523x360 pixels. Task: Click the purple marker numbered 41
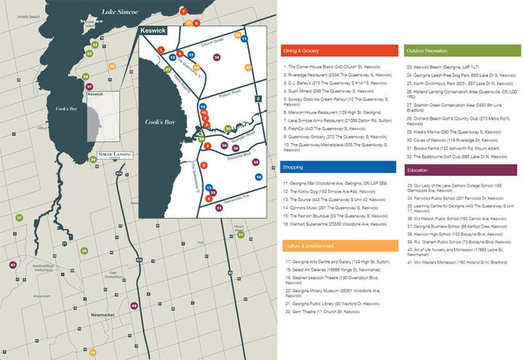[12, 265]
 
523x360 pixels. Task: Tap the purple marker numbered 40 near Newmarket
[133, 306]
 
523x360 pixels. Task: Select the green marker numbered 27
[20, 217]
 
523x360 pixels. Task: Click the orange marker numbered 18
[92, 352]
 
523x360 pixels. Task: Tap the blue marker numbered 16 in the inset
[258, 176]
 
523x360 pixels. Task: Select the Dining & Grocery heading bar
[339, 51]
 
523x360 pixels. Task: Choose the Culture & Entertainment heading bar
[339, 245]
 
